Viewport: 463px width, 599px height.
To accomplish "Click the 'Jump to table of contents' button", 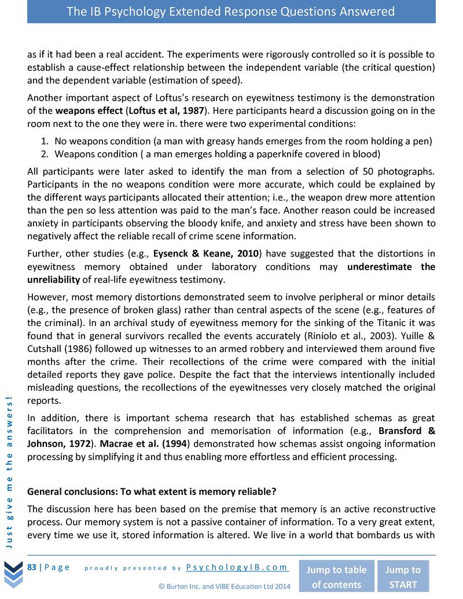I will (x=336, y=576).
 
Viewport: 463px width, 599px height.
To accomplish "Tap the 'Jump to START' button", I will (x=403, y=576).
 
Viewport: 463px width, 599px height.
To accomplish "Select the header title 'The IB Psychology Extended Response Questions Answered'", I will (x=231, y=12).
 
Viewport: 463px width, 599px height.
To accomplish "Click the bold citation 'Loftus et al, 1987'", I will (x=166, y=110).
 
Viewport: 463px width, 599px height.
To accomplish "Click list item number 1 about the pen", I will (x=243, y=141).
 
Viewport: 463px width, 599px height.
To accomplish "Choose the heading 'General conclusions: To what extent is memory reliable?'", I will (x=152, y=492).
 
